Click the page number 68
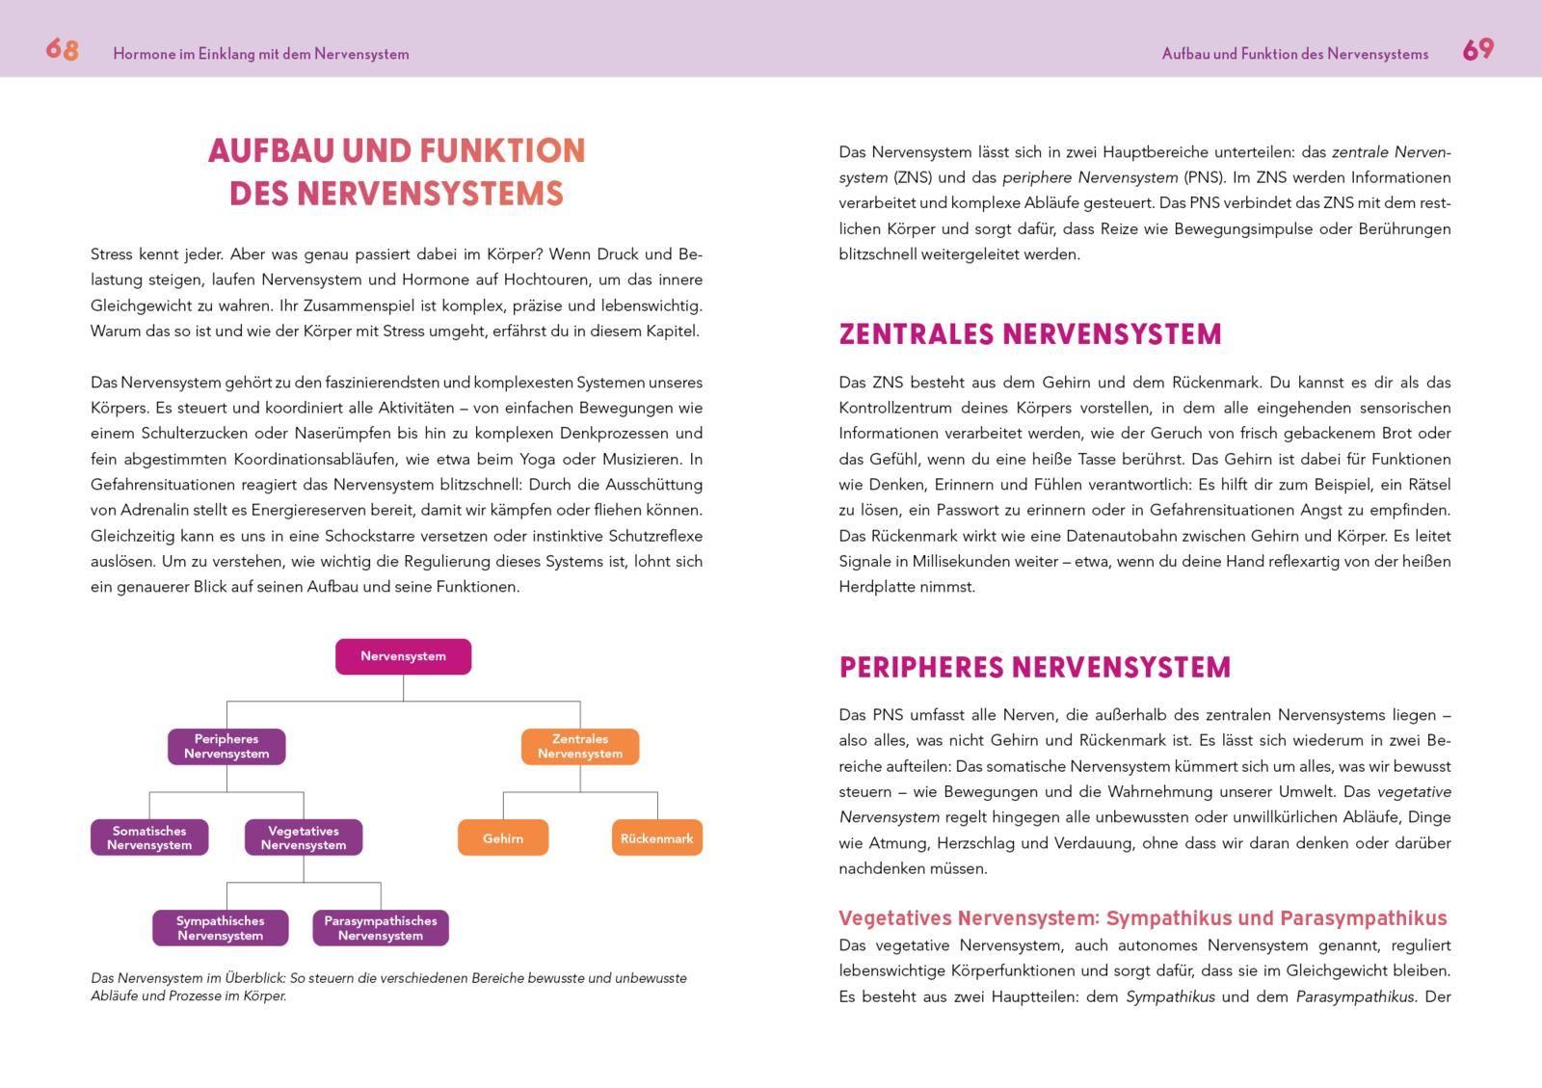click(62, 50)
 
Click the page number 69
click(1477, 50)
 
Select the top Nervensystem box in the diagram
click(403, 656)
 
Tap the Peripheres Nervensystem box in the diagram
click(226, 747)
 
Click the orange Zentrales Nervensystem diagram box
click(580, 747)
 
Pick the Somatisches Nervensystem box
click(149, 837)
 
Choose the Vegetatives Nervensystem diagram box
click(304, 837)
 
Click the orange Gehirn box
click(503, 837)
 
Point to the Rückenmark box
click(656, 837)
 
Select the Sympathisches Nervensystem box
click(220, 928)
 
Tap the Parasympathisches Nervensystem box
click(381, 928)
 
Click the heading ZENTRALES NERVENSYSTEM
click(1029, 334)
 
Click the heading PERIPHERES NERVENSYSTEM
click(1034, 668)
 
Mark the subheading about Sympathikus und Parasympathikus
click(1142, 917)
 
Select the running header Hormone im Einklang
click(260, 54)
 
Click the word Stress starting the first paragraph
click(111, 254)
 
